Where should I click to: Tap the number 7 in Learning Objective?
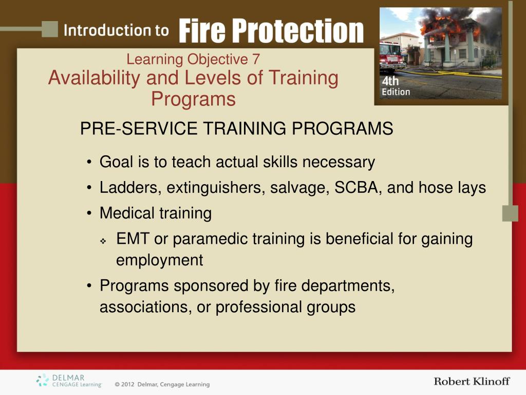coord(255,60)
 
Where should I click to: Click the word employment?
coord(159,260)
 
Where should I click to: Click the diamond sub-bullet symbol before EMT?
coord(103,241)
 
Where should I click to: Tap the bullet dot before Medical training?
coord(89,213)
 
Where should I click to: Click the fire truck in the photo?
coord(392,57)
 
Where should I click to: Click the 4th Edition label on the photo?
coord(396,87)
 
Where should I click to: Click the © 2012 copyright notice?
coord(162,384)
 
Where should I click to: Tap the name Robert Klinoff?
coord(472,381)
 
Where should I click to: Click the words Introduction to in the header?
coord(116,30)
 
